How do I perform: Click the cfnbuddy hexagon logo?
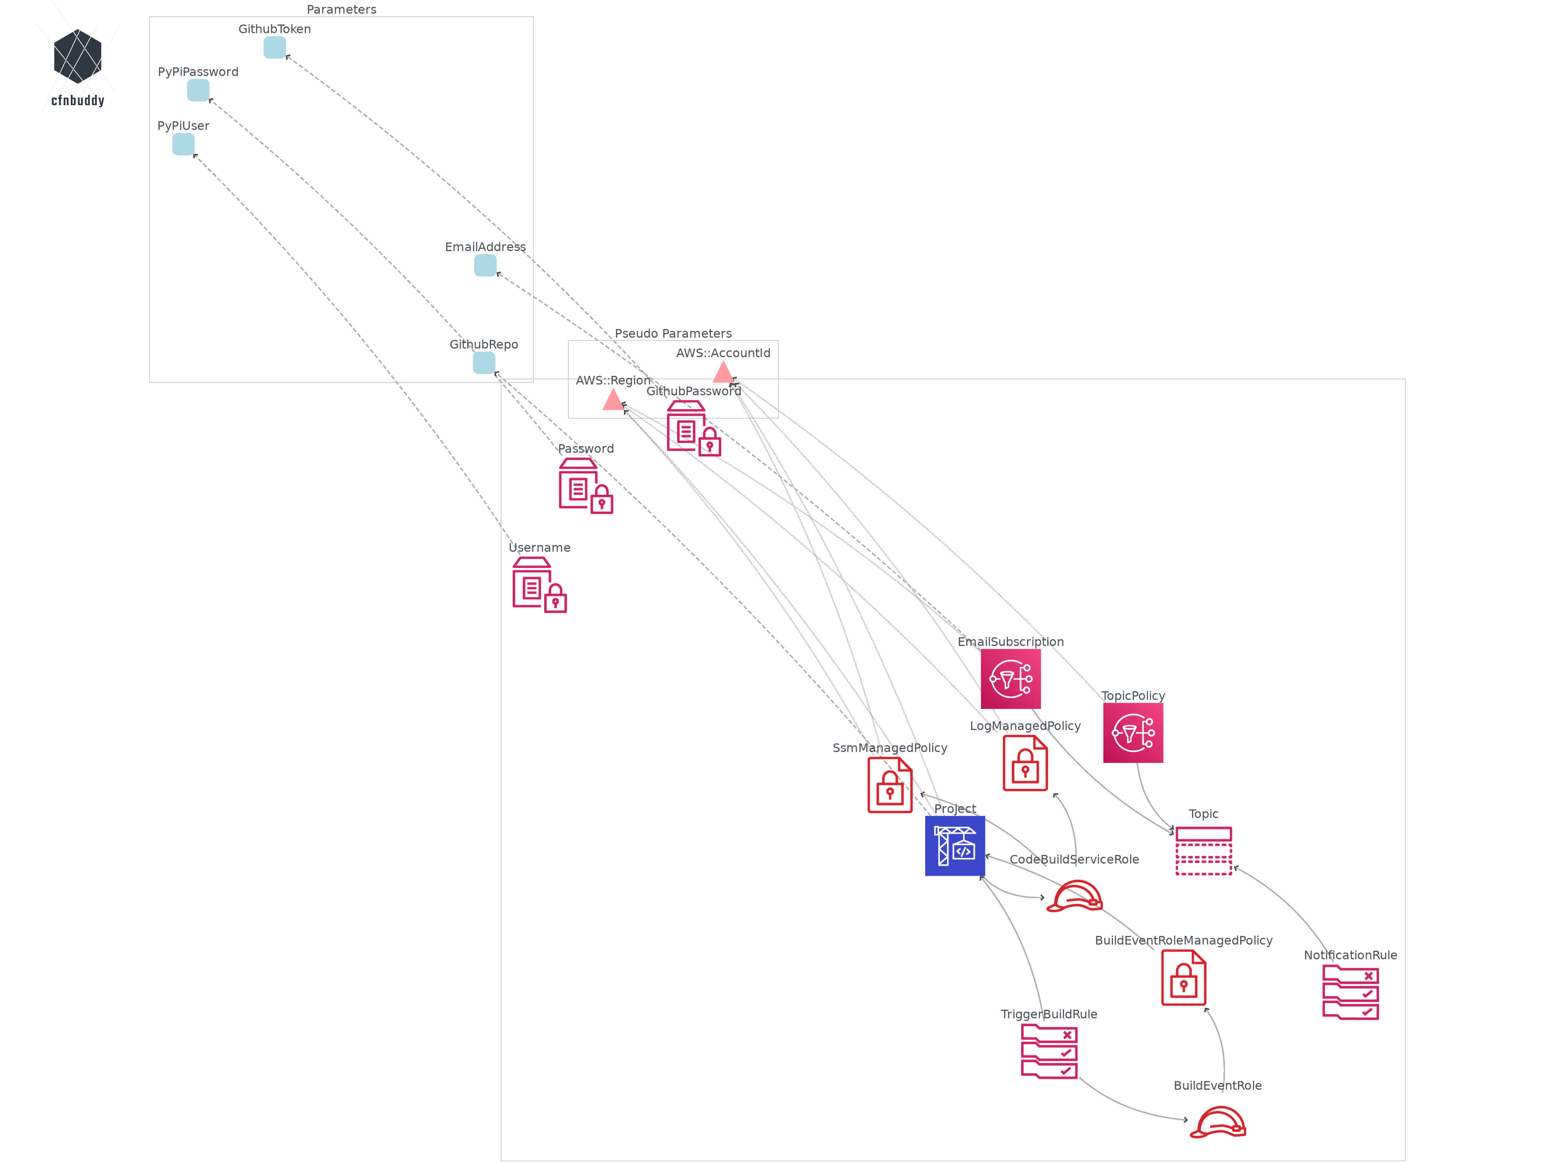click(x=77, y=56)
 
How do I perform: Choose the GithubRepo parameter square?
click(x=484, y=363)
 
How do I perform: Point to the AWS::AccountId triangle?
click(x=723, y=372)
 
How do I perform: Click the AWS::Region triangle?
click(x=613, y=400)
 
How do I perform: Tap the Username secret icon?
click(x=539, y=585)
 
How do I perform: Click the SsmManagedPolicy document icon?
click(x=889, y=785)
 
